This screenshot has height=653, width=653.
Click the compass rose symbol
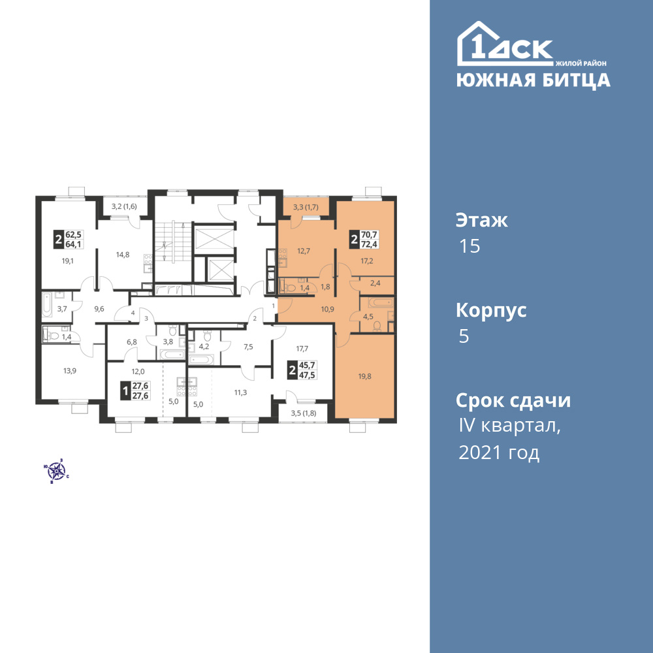[56, 471]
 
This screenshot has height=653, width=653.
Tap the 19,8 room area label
[364, 377]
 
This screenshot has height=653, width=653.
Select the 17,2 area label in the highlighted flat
[366, 261]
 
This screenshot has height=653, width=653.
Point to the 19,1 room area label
[68, 261]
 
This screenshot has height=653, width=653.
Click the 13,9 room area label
[70, 371]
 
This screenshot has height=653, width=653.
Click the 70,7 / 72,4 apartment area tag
[364, 240]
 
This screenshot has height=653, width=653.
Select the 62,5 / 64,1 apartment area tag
[69, 240]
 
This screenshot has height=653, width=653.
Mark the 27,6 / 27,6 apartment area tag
[135, 390]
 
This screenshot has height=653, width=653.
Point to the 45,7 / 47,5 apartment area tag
[303, 370]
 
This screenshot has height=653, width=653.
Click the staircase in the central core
[173, 242]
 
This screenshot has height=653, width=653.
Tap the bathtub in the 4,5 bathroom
[381, 302]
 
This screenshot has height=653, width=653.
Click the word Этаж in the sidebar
[481, 221]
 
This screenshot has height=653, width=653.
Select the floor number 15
[470, 246]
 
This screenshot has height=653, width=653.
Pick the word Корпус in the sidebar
[491, 311]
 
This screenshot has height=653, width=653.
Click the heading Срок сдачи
[513, 401]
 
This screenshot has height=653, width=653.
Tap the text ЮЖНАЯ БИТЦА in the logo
[534, 80]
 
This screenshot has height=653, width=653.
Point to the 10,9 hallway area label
[327, 309]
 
